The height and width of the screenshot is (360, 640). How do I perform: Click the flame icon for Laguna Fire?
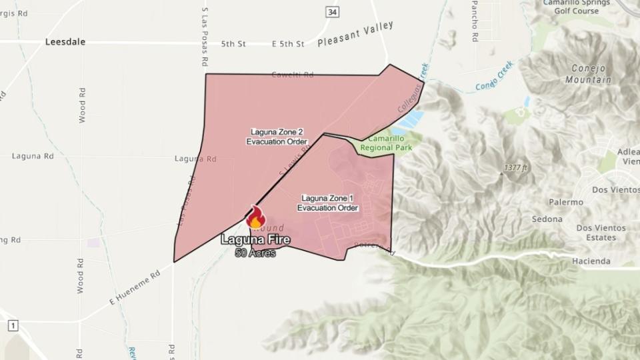255,217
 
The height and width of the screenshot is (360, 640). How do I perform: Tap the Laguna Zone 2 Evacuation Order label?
277,137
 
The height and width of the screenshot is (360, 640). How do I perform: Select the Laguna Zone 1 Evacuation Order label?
327,203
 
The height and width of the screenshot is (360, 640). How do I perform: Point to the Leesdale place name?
65,41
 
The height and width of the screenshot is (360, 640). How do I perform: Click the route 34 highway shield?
331,11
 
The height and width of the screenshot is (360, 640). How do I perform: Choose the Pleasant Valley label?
355,34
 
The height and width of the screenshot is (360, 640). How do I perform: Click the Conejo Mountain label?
588,74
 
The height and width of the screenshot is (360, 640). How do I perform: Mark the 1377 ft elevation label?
515,167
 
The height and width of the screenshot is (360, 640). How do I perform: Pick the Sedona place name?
547,219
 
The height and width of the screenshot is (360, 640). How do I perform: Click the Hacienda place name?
591,261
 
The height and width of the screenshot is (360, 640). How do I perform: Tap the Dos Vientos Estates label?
601,232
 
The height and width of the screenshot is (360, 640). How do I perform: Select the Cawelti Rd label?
292,75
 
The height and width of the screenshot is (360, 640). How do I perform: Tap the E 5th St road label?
288,44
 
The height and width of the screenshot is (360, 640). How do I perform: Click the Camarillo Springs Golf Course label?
576,7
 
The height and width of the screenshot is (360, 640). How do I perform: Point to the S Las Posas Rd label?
205,37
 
